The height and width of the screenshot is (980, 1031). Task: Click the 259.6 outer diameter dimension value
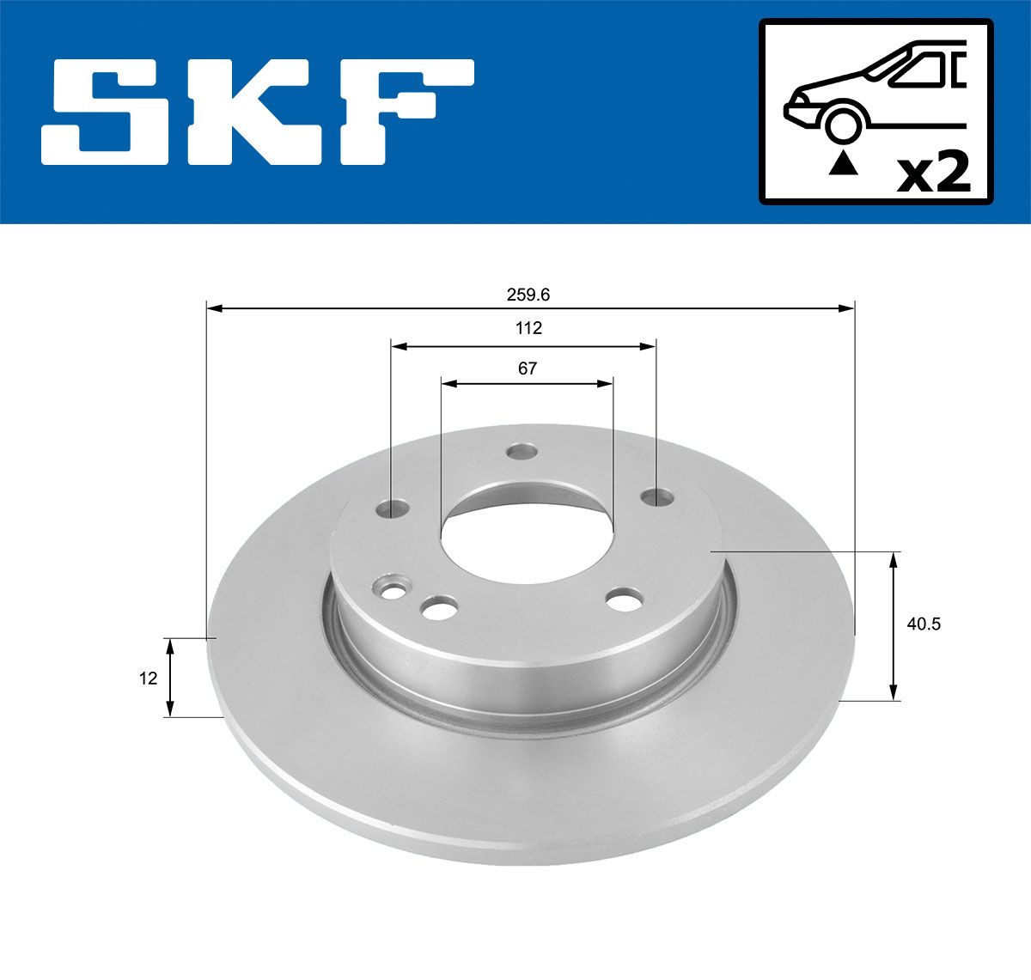click(528, 295)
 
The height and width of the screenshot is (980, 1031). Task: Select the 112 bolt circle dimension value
click(528, 328)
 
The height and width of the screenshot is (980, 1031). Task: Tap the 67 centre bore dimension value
click(528, 368)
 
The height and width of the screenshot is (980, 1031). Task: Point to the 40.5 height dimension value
click(924, 624)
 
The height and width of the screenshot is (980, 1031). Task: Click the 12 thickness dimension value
click(148, 679)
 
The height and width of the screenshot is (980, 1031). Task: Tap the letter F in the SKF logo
click(406, 113)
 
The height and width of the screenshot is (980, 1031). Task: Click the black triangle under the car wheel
click(843, 163)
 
